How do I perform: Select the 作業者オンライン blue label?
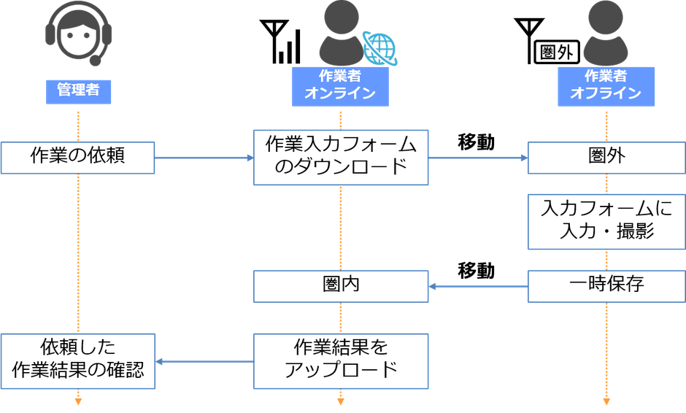click(x=340, y=85)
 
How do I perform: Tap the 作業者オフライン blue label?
click(x=606, y=85)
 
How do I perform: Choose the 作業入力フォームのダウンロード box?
click(x=340, y=157)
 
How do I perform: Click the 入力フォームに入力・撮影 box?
click(x=606, y=220)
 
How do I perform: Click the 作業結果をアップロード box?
click(x=340, y=360)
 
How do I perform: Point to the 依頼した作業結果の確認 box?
click(x=77, y=360)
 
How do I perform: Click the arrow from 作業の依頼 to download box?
click(x=204, y=158)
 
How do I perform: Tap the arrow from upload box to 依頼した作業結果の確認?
click(x=204, y=361)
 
